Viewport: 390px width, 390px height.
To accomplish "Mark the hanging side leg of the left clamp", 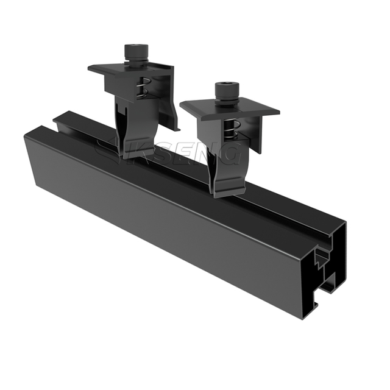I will click(x=172, y=104).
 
